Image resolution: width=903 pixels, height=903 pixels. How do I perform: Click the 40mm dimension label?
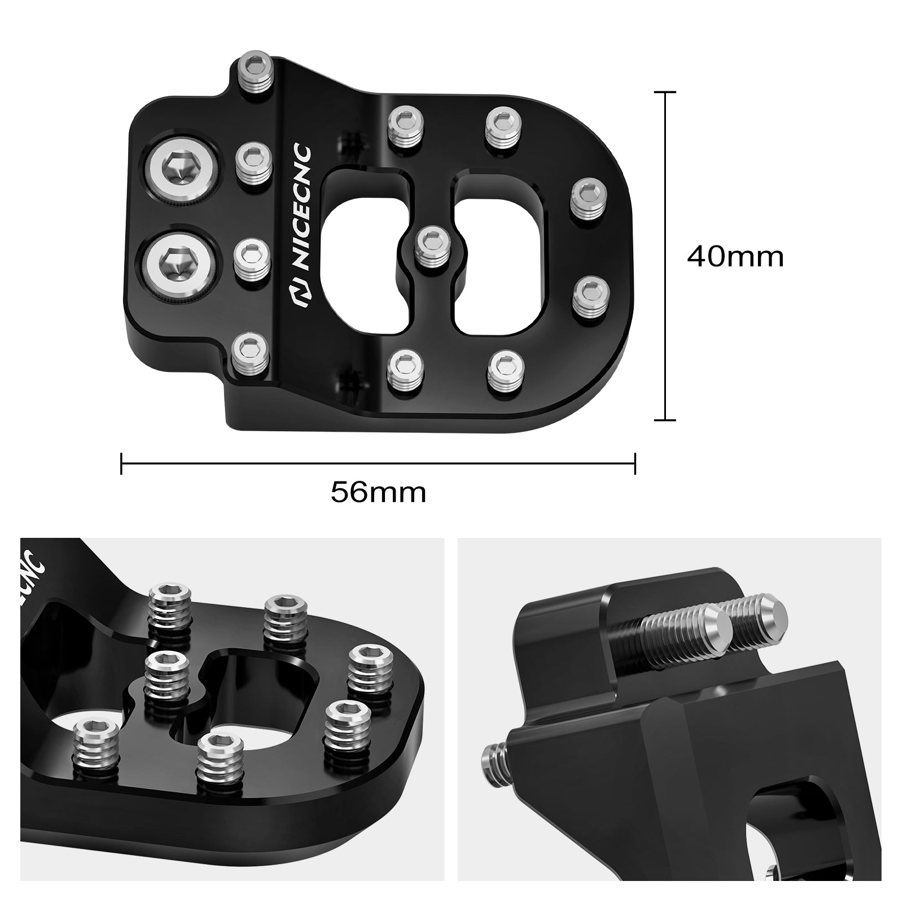pos(735,257)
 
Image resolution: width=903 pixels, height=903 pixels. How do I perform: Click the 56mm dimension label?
pos(378,492)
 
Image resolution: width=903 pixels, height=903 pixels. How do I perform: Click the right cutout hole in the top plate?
pos(499,248)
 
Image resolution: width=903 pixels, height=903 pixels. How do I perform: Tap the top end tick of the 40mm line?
pos(665,91)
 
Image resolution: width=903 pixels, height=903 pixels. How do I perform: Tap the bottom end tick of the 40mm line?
pos(665,420)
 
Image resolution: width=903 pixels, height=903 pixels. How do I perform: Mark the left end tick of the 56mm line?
pos(121,463)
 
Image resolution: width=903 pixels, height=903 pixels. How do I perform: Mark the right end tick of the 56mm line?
pos(635,463)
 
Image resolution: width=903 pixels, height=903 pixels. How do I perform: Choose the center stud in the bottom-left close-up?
pos(168,680)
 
